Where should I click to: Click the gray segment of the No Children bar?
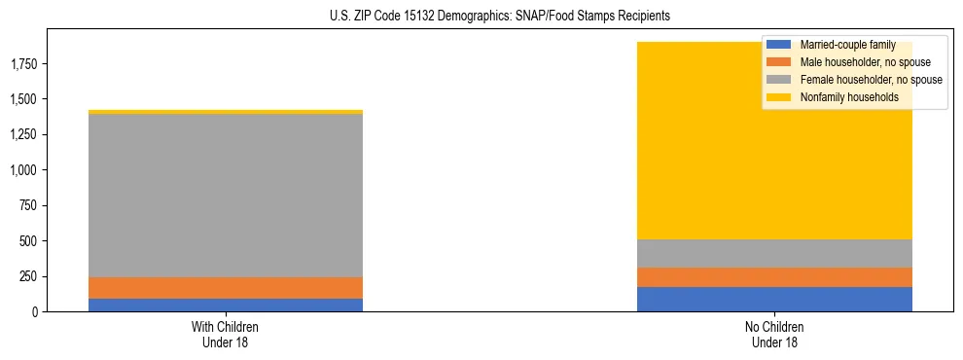click(x=774, y=253)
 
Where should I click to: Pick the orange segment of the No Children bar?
click(x=774, y=277)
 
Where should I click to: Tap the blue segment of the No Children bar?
click(x=774, y=299)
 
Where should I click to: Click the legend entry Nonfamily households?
click(x=843, y=97)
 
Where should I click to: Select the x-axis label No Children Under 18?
click(x=774, y=334)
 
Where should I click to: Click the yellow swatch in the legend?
click(x=779, y=97)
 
